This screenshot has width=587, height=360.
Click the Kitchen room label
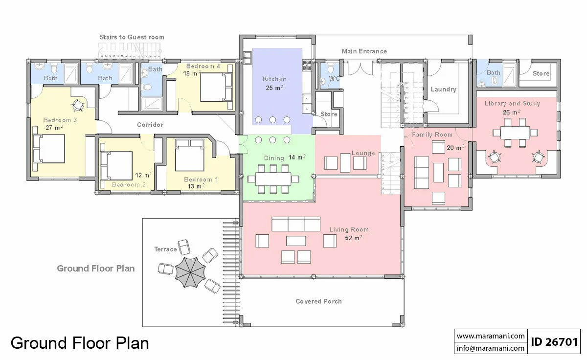274,79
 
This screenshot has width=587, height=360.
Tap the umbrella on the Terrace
190,272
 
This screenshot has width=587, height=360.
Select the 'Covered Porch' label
318,301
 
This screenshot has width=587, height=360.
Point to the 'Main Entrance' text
364,51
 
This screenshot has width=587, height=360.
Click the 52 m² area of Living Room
354,238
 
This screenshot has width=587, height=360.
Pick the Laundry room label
443,90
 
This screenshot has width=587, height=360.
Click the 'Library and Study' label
512,104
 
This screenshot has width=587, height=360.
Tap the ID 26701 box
554,342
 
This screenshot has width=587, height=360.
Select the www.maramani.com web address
491,336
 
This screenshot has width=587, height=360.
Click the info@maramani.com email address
491,348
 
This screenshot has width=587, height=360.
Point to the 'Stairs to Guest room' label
132,37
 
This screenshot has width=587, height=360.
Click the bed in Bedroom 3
49,149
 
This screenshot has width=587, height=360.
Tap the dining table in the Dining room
273,179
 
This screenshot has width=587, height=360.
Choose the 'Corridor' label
150,125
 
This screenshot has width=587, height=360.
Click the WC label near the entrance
334,78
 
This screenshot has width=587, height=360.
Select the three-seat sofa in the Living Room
296,224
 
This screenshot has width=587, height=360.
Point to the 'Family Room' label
432,135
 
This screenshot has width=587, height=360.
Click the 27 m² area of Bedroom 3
54,128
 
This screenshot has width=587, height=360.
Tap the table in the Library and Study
515,133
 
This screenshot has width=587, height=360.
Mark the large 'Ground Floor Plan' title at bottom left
80,343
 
